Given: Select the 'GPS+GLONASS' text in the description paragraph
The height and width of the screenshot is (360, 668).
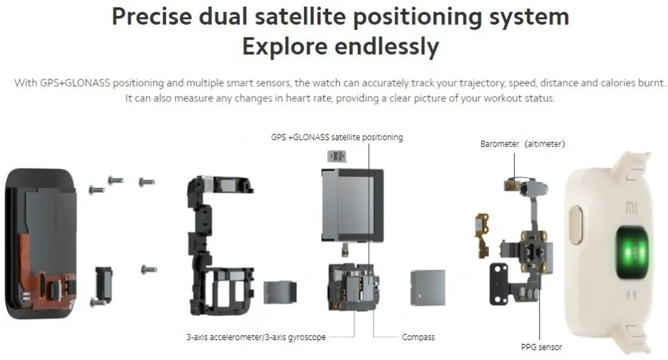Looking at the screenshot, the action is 75,83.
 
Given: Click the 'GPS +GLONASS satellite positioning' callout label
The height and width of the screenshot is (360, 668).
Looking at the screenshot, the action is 337,137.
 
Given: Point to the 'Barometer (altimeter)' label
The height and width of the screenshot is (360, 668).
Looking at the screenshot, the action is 523,144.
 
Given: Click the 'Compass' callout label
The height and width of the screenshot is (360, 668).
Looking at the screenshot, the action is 418,337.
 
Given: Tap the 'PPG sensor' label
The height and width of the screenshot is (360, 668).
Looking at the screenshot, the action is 541,347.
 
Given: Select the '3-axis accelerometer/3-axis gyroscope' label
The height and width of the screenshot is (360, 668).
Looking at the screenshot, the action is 256,337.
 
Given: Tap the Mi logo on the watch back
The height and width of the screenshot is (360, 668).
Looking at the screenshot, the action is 631,208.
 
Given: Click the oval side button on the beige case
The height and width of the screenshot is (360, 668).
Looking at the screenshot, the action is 576,225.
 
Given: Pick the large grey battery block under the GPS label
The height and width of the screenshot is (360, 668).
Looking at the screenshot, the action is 352,205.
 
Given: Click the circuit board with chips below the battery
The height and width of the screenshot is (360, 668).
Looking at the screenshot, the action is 354,287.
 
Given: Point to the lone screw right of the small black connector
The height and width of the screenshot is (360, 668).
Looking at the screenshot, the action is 149,269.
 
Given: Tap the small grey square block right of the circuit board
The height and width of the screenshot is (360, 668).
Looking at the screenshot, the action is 428,287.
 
